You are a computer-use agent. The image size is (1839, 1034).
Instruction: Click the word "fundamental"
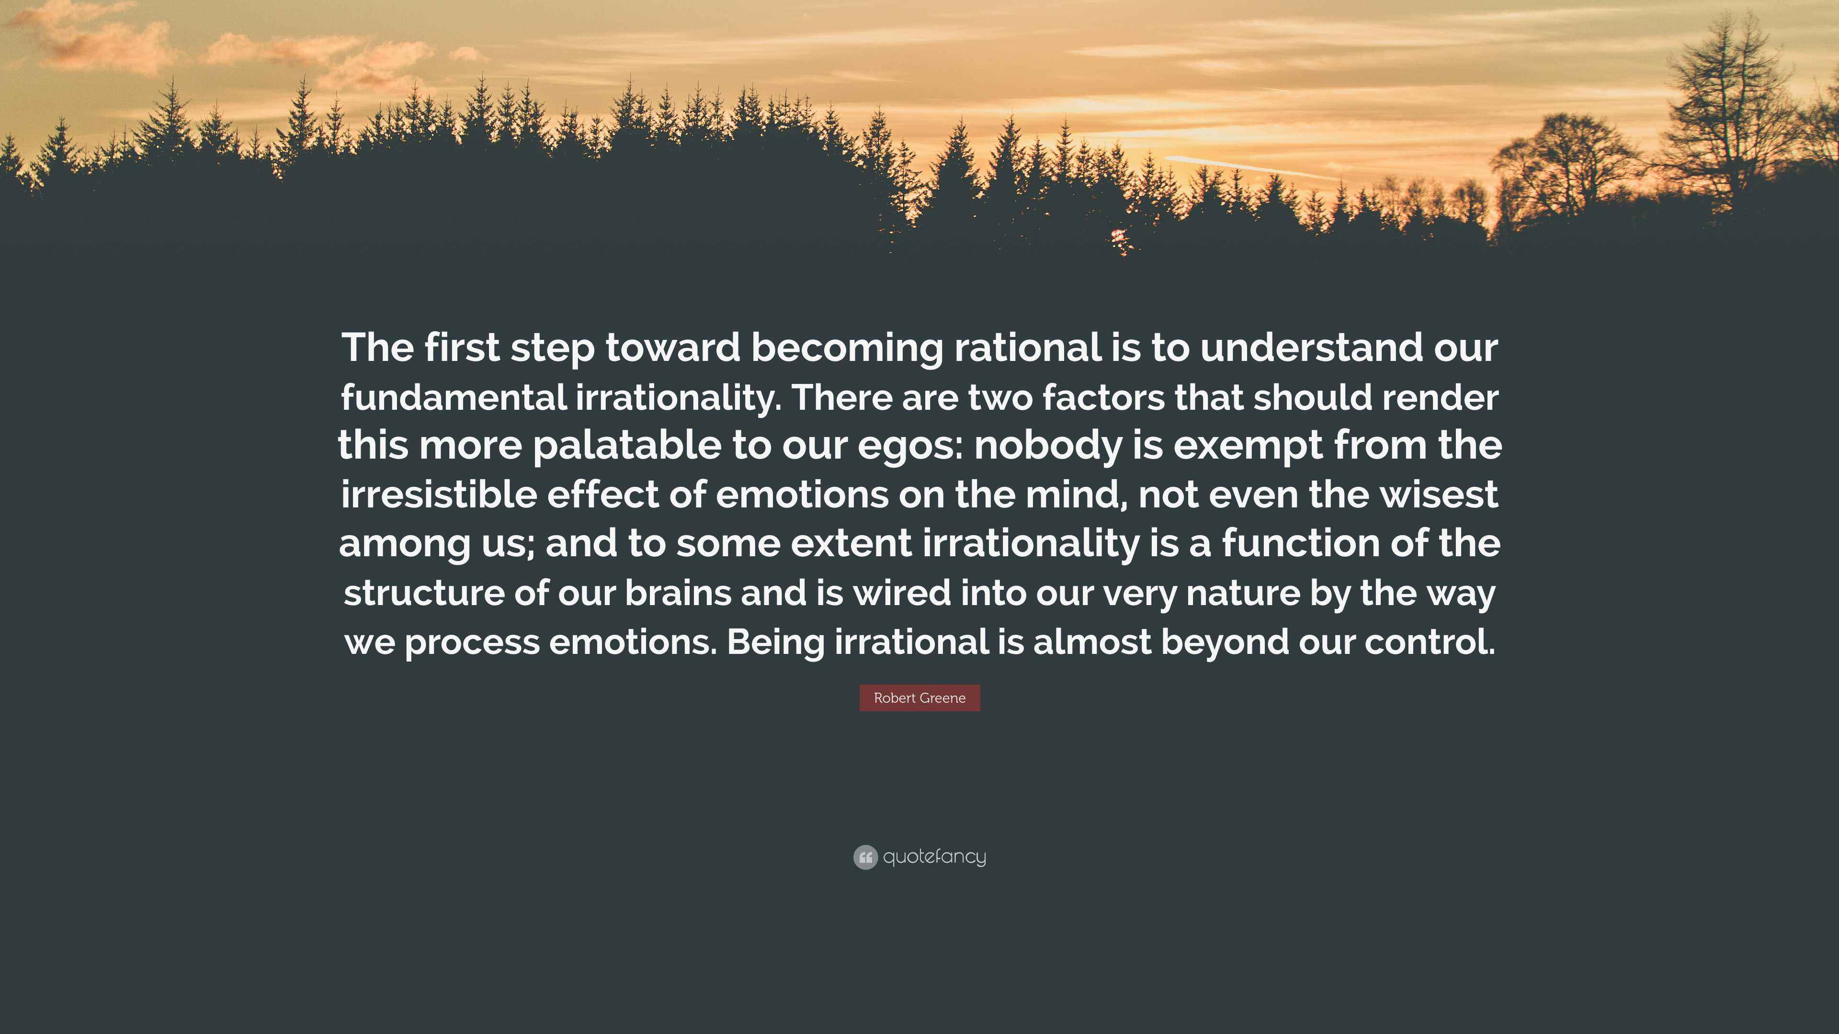point(454,397)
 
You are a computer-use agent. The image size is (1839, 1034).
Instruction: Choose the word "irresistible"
point(438,495)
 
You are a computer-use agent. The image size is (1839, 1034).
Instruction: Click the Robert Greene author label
point(919,698)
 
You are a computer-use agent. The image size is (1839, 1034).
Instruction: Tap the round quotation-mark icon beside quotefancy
point(865,857)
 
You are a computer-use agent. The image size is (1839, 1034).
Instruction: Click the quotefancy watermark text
point(934,857)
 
